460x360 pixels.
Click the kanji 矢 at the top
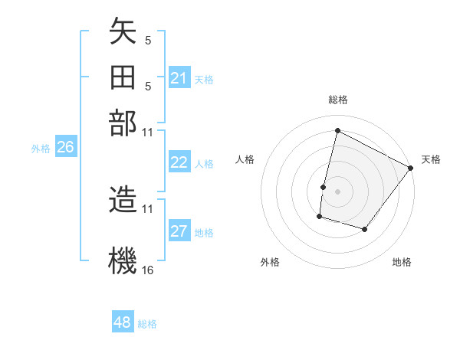(x=123, y=33)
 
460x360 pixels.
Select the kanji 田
(x=123, y=78)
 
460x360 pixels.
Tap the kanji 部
(x=123, y=123)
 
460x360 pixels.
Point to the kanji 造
(x=123, y=200)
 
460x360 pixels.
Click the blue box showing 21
(x=179, y=78)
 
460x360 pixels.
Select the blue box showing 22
(x=179, y=162)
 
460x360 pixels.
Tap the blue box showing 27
(x=179, y=232)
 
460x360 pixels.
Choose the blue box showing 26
(x=65, y=148)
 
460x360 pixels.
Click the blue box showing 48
(x=123, y=322)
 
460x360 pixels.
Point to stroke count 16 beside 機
(x=148, y=270)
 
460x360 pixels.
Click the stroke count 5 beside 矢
(x=148, y=39)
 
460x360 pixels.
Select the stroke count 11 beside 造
(x=148, y=208)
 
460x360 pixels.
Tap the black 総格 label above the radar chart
(x=338, y=100)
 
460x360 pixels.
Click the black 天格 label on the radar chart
(x=431, y=159)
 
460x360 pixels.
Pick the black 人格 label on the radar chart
(x=245, y=159)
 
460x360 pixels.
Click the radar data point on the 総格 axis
(x=337, y=130)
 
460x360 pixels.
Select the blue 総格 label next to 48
(x=147, y=324)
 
